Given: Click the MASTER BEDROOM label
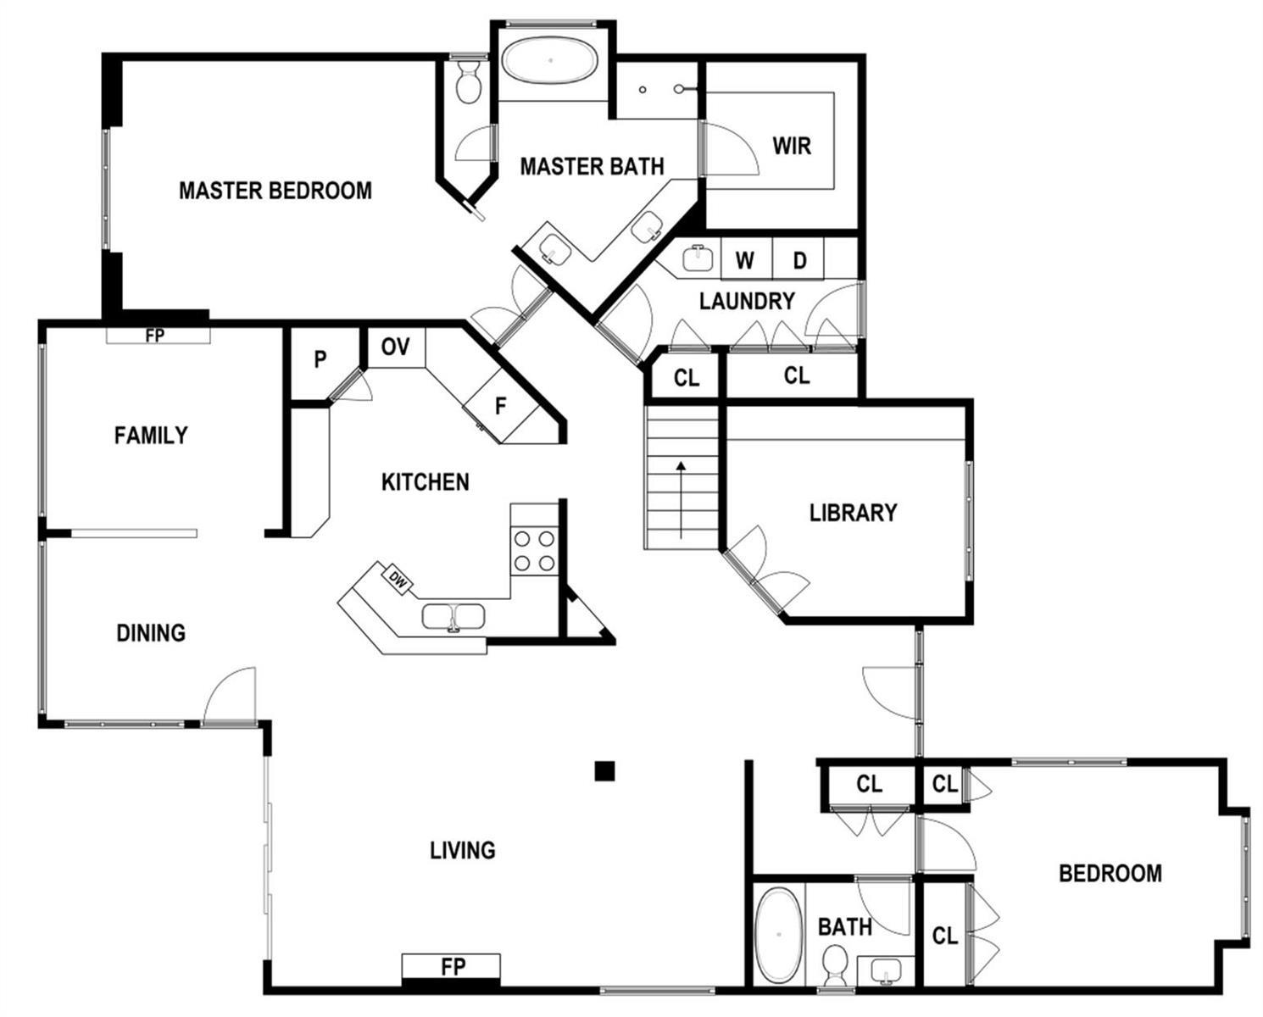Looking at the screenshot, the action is coord(275,191).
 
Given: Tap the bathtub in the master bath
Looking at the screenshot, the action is coord(550,60).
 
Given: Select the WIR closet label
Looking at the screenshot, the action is coord(792,146).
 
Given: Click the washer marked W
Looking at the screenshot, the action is coord(746,258).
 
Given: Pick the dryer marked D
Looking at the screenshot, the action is coord(798,258).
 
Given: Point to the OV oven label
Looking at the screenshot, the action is coord(396,347).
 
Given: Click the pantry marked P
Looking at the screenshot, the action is coord(320,359).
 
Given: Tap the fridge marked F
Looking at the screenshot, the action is coord(501,405).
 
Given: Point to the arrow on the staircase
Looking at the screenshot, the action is coord(681,500).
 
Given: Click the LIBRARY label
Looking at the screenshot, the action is coord(853,513).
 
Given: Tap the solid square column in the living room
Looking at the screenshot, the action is coord(604,771).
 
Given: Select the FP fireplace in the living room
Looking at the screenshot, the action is coord(451,966).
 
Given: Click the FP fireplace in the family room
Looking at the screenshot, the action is coord(158,335).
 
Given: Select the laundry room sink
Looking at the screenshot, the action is coord(698,258).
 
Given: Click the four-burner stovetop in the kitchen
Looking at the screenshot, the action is coord(534,551).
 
